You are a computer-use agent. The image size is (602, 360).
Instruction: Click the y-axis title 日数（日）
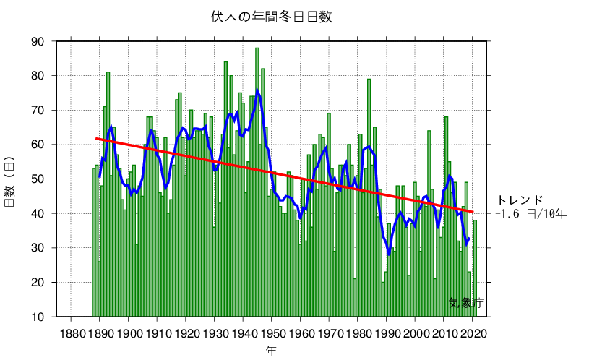pyautogui.click(x=10, y=179)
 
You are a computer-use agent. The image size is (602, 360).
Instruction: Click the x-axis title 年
pyautogui.click(x=271, y=350)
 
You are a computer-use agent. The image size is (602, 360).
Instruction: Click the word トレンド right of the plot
pyautogui.click(x=520, y=200)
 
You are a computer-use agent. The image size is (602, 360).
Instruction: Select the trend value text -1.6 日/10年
pyautogui.click(x=531, y=214)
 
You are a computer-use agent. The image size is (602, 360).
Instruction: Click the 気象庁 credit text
pyautogui.click(x=466, y=303)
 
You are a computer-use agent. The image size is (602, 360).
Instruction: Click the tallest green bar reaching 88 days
pyautogui.click(x=257, y=51)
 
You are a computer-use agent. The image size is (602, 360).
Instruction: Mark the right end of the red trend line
pyautogui.click(x=473, y=212)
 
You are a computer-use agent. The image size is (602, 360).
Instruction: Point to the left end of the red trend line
pyautogui.click(x=96, y=138)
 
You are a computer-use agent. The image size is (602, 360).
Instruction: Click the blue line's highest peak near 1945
pyautogui.click(x=257, y=90)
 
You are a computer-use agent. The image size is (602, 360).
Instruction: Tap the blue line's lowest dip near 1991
pyautogui.click(x=389, y=254)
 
